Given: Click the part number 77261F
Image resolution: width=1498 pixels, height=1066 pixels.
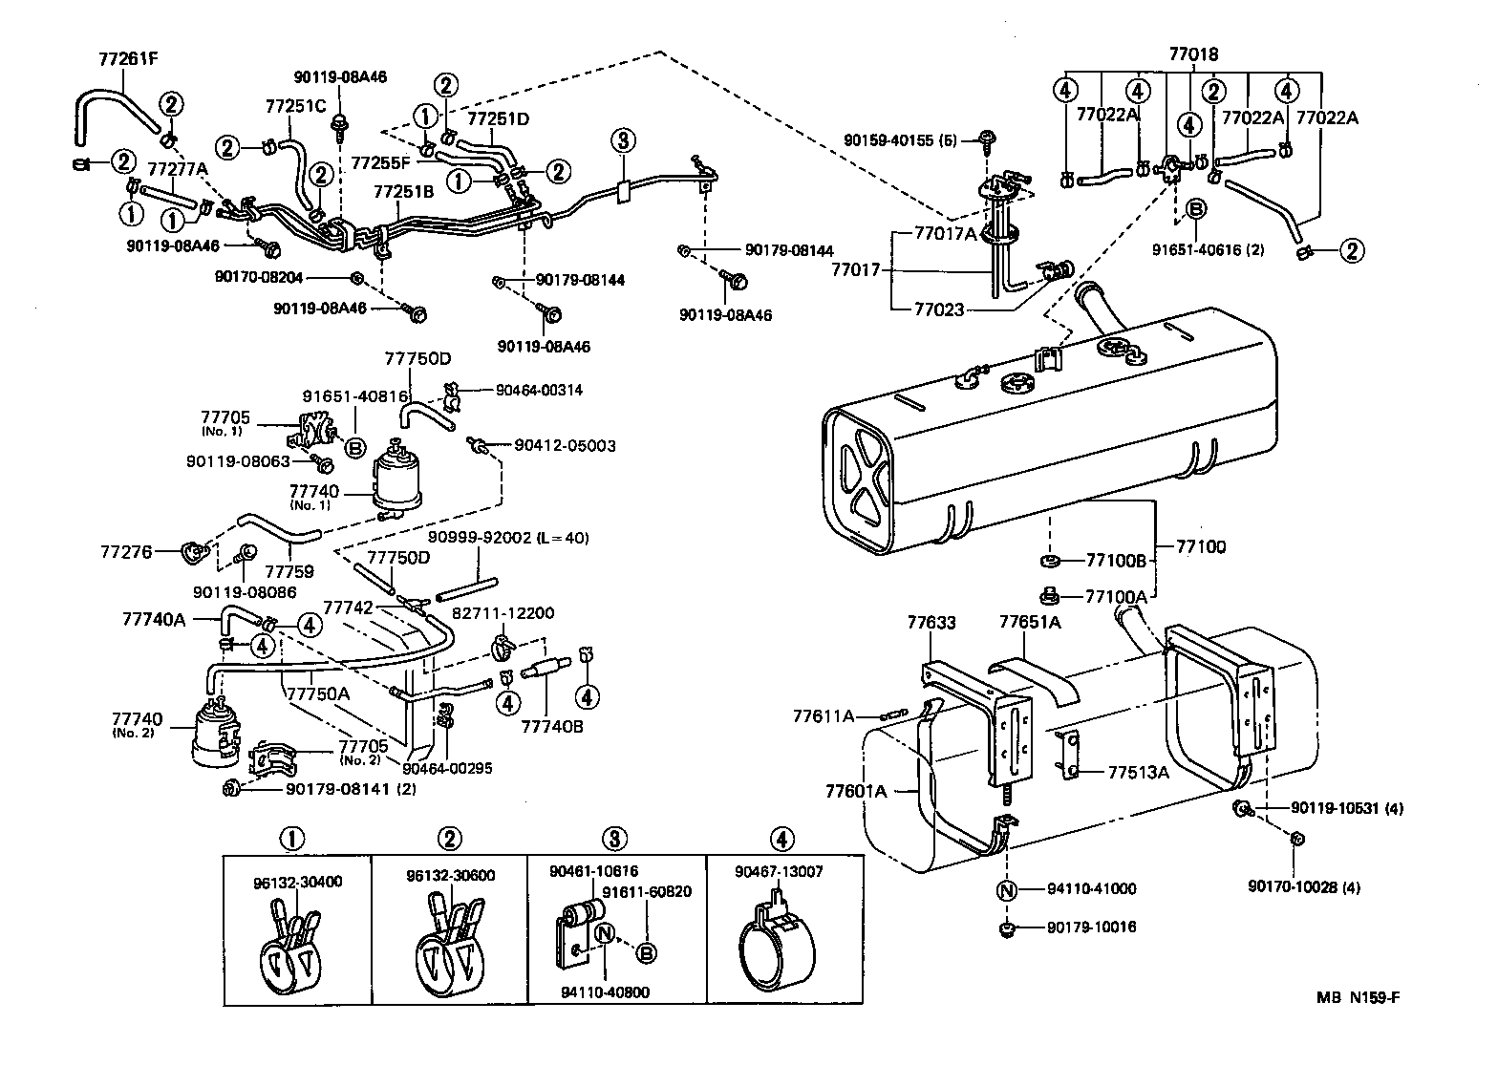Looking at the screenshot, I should click(x=128, y=57).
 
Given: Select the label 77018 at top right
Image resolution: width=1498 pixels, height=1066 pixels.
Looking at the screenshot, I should click(x=1193, y=54).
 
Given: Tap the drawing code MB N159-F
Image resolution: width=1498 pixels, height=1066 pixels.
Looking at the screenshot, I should click(x=1357, y=998).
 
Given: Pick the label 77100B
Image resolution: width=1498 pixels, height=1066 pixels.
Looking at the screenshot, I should click(x=1116, y=561).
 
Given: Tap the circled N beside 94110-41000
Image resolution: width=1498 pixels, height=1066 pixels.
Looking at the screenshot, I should click(x=1006, y=889).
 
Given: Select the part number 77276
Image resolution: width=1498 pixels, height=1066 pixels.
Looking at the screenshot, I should click(x=126, y=551).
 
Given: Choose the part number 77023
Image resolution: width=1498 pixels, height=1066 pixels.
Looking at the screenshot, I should click(x=941, y=309).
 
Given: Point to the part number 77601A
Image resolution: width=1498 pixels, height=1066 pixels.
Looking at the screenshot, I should click(x=856, y=790).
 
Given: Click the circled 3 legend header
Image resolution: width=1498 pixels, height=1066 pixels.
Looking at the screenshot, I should click(x=615, y=840).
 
